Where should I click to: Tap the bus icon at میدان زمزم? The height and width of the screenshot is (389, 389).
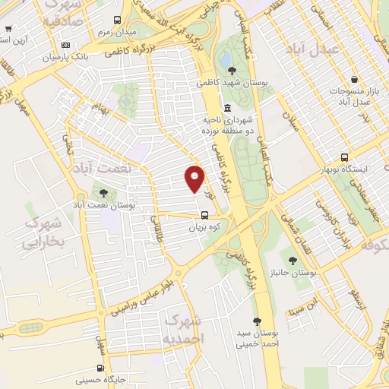(116, 21)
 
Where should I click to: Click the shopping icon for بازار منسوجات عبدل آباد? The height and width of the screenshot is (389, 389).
(354, 80)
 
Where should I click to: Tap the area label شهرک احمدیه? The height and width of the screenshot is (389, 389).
(183, 327)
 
